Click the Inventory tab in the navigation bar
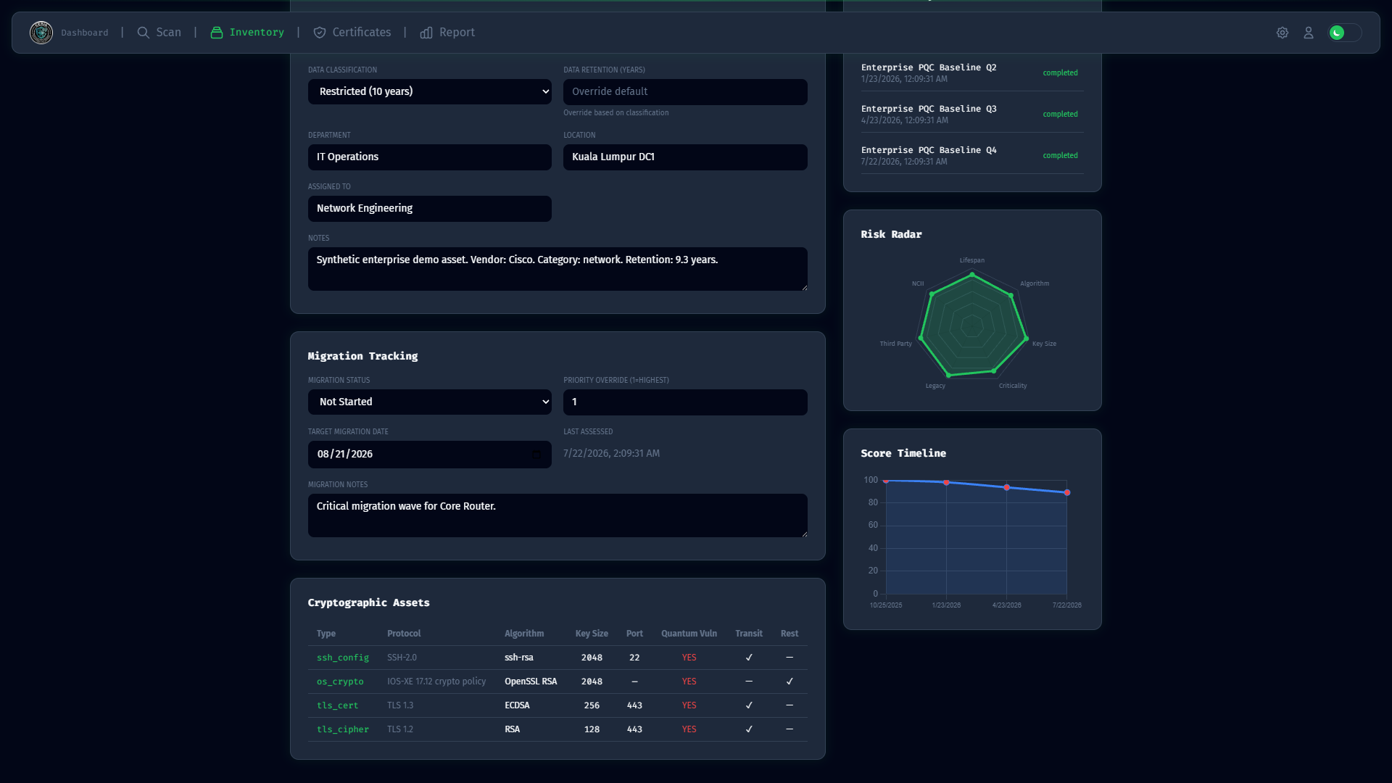247,33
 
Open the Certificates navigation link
352,33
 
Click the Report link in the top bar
447,33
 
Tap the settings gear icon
1283,33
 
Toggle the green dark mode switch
1345,33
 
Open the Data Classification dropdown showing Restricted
430,91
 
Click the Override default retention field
685,91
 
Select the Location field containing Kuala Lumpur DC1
685,157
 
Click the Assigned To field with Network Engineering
430,208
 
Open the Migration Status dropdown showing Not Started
430,402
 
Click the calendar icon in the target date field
536,454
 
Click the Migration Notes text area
558,515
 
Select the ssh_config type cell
343,658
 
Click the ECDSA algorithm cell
517,705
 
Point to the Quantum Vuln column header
689,634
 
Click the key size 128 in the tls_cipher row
592,729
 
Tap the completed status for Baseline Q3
1060,114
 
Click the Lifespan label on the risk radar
972,260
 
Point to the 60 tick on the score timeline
873,525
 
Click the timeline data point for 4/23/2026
1006,487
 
